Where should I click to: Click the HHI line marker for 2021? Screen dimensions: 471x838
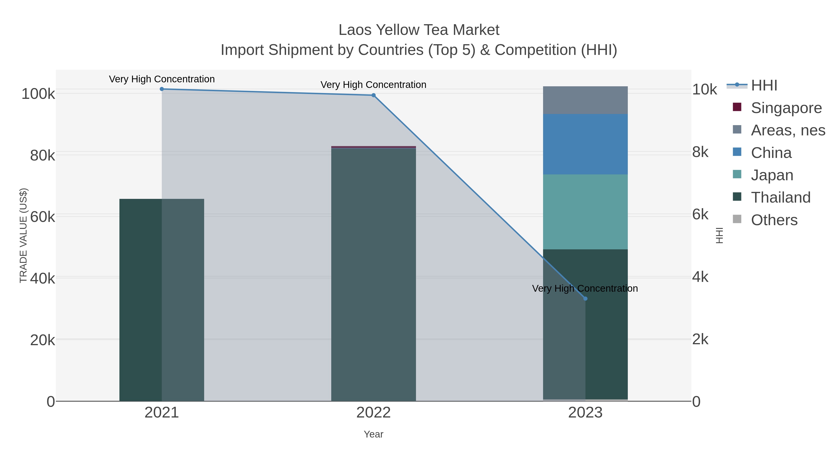162,89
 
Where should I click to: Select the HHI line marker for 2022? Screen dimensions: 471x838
373,95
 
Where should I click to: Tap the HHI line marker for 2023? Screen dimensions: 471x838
585,299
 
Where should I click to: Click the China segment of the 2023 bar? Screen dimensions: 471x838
585,144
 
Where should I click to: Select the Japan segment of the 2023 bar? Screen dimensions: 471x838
585,212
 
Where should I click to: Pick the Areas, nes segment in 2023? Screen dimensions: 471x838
585,100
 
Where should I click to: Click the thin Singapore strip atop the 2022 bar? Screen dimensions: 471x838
373,147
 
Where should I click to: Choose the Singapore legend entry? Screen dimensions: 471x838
786,108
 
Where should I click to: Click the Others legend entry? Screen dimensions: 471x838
774,220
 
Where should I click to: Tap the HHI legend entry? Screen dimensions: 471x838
764,86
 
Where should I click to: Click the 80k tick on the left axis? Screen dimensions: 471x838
42,156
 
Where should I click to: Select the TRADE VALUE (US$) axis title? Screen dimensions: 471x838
24,235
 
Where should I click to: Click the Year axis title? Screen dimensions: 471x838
373,434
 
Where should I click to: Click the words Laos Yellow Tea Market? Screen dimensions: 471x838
419,30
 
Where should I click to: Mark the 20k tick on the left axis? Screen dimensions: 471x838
42,340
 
